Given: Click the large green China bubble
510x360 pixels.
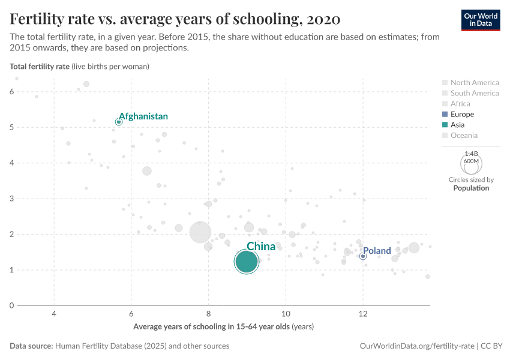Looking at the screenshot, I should (x=246, y=262).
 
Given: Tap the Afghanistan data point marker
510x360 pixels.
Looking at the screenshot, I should (x=119, y=122).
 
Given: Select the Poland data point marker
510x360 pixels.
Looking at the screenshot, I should (x=363, y=256).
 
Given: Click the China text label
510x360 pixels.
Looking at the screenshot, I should (x=261, y=247).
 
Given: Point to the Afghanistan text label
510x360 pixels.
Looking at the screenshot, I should (x=143, y=116).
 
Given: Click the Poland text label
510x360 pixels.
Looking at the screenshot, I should (x=377, y=251).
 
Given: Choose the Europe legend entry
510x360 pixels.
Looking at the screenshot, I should (x=462, y=114).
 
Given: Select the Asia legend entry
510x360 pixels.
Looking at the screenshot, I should (x=458, y=125).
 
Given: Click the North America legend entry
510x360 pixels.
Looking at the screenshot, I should (x=474, y=83).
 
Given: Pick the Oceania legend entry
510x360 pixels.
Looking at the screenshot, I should (x=464, y=136).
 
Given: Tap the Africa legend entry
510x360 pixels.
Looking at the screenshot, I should (x=460, y=104).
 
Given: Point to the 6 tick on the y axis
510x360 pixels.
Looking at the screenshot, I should (x=12, y=92).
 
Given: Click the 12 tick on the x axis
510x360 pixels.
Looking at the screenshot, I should (x=363, y=314).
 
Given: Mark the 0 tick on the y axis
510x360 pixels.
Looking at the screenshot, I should (x=12, y=305).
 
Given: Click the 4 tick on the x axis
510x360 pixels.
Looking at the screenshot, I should (x=55, y=314).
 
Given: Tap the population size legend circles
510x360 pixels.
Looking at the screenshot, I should (x=471, y=162).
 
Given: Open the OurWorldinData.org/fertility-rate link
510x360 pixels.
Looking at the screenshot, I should (x=416, y=346).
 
